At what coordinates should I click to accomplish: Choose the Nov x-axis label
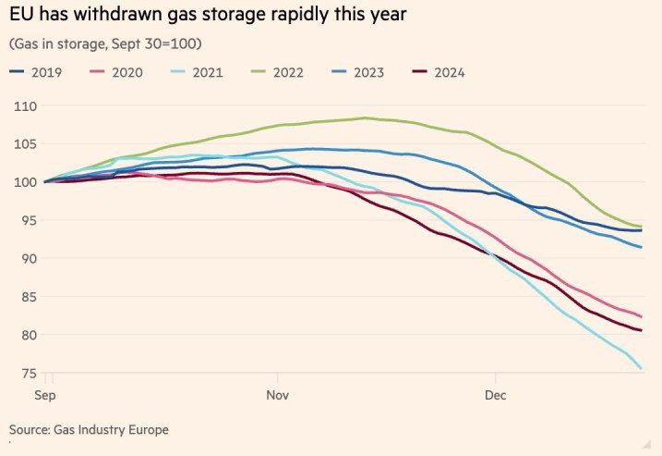pyautogui.click(x=278, y=395)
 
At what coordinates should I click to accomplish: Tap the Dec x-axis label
pyautogui.click(x=496, y=395)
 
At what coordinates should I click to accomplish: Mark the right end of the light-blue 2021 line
pyautogui.click(x=642, y=369)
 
